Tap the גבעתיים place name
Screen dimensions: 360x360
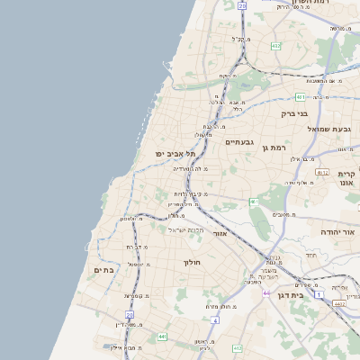point(240,141)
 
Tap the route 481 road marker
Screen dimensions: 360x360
point(300,96)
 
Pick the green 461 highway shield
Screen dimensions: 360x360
point(254,202)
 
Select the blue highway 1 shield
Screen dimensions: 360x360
point(318,294)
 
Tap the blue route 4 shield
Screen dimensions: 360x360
point(214,319)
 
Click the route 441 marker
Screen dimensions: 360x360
point(162,337)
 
